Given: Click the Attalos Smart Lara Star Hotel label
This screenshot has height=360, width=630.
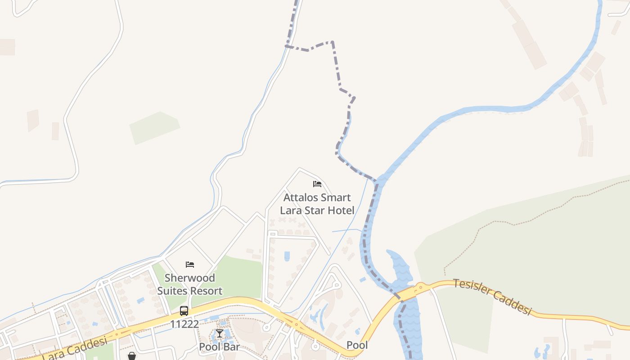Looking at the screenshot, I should pyautogui.click(x=317, y=204).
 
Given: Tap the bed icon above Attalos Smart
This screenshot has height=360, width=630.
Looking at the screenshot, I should pyautogui.click(x=317, y=184).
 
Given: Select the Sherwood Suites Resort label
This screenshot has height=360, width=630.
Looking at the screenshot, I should pyautogui.click(x=189, y=284).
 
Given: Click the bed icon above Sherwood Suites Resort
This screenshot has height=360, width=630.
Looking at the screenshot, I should pyautogui.click(x=190, y=265).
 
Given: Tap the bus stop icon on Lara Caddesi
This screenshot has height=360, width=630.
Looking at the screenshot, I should pyautogui.click(x=184, y=311).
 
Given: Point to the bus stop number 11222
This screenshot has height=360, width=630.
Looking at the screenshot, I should pyautogui.click(x=184, y=324).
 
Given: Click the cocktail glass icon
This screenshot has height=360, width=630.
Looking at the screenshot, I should pyautogui.click(x=219, y=333).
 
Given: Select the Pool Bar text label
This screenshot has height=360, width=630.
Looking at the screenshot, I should pyautogui.click(x=219, y=347).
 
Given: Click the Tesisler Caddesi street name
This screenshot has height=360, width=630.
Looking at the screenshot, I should pyautogui.click(x=492, y=297).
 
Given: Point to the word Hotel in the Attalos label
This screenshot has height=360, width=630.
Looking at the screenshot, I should pyautogui.click(x=342, y=210).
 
